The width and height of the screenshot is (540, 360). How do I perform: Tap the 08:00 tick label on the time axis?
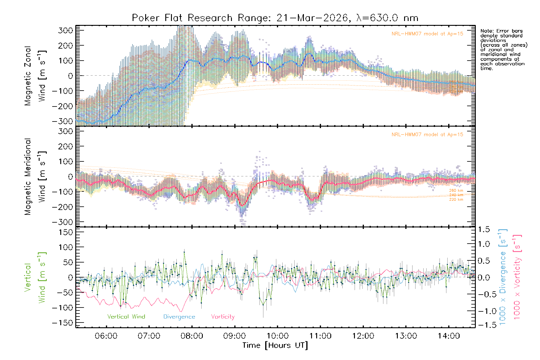(192, 336)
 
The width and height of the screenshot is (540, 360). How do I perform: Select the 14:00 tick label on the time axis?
(449, 336)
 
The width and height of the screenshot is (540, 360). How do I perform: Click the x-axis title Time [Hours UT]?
(275, 345)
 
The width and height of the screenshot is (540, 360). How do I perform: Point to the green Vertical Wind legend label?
(126, 317)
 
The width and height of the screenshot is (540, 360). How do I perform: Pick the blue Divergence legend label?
(179, 317)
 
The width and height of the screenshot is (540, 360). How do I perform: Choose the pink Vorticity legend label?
(223, 317)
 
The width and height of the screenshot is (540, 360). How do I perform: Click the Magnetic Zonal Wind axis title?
(35, 76)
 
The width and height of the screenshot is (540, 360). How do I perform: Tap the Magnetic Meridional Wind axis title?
(35, 177)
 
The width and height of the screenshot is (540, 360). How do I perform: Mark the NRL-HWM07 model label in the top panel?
(427, 34)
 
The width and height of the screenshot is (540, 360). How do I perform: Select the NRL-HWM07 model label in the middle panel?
(427, 135)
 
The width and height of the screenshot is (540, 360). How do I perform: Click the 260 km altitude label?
(456, 190)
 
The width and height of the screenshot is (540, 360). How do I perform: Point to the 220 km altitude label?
(456, 199)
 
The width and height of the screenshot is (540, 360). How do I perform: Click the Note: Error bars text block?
(503, 49)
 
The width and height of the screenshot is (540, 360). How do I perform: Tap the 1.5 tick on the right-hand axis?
(484, 229)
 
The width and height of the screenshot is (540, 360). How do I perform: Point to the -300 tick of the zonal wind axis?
(62, 121)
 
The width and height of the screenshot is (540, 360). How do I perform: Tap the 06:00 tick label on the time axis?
(106, 336)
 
